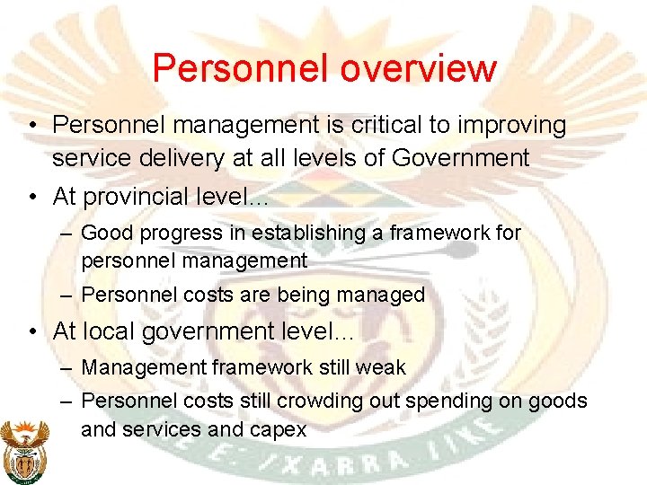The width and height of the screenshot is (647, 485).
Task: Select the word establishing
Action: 303,234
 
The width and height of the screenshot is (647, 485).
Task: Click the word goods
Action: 557,401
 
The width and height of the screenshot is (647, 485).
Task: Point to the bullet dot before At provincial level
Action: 32,196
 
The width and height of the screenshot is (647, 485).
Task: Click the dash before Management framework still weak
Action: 68,368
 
